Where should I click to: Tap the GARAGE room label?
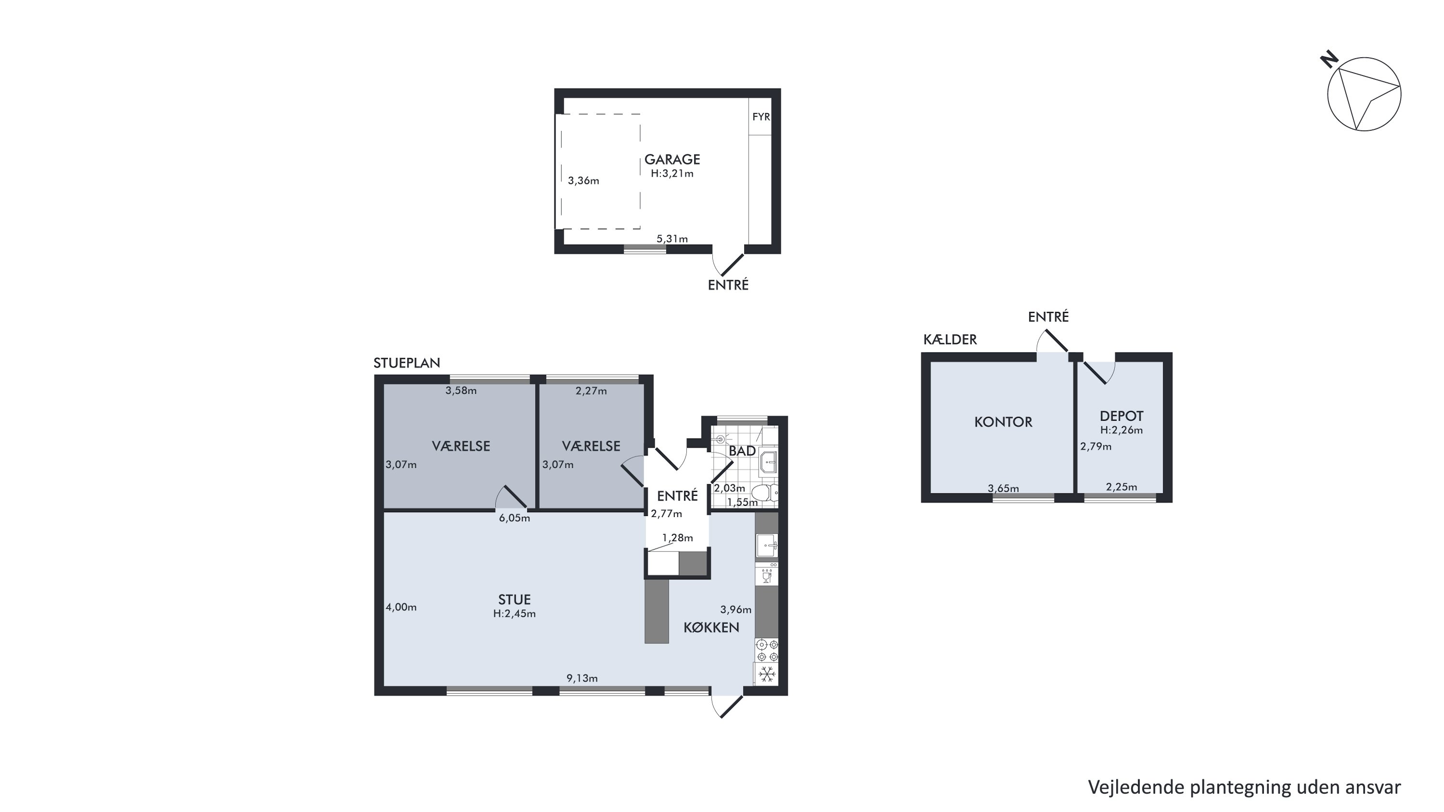(672, 160)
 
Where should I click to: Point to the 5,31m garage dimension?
(672, 239)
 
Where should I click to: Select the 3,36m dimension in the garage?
(583, 180)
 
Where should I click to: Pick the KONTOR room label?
(1003, 422)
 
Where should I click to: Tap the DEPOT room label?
(1121, 416)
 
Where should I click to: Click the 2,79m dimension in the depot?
(1096, 447)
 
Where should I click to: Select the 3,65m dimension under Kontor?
(1004, 488)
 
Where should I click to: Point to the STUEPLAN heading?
(407, 362)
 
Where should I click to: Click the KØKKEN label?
(711, 628)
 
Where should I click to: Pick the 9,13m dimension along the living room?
(582, 678)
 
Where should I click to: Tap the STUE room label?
(514, 600)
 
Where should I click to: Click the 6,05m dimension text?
(515, 518)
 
